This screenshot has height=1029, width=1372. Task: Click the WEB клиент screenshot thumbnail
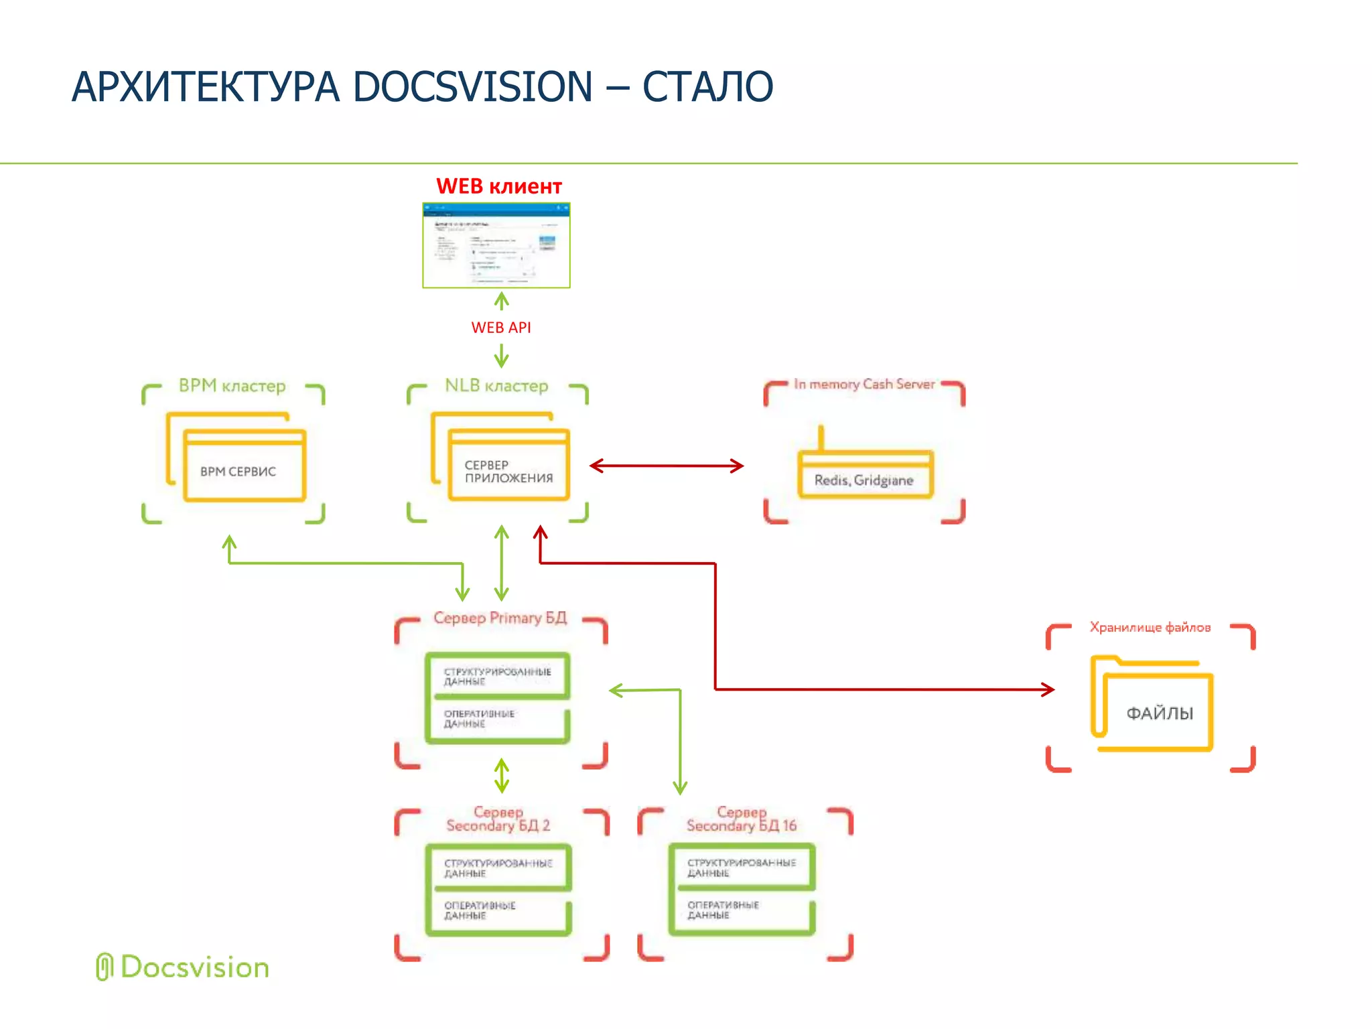tap(496, 245)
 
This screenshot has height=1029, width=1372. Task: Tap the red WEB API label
tap(500, 328)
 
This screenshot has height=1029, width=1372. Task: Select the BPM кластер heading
tap(232, 386)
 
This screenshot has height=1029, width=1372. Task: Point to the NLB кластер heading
tap(496, 386)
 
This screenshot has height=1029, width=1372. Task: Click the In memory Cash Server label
tap(864, 385)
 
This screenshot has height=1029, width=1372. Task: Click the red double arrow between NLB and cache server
tap(667, 466)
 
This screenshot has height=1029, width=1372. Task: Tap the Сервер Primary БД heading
tap(500, 618)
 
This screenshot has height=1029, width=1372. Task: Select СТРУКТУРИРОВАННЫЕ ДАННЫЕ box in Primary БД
tap(498, 676)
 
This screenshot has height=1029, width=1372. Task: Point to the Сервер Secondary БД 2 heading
tap(498, 819)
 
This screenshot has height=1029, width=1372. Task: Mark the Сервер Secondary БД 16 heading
tap(742, 819)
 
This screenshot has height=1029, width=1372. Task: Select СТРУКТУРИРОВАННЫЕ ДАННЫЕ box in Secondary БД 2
tap(498, 868)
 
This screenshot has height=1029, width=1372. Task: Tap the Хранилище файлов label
tap(1150, 628)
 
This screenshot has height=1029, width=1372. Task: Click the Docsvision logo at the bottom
tap(183, 967)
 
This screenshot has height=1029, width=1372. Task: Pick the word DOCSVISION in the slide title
tap(472, 87)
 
